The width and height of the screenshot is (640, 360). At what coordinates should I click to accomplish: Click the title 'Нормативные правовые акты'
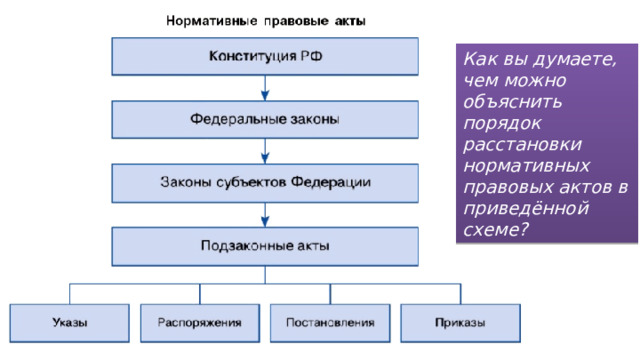(x=265, y=19)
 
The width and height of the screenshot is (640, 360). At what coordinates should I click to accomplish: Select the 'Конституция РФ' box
(x=265, y=57)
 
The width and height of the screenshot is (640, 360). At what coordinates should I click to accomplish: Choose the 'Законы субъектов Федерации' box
(x=265, y=183)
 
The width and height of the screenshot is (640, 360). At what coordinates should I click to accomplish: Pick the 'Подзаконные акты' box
(x=265, y=246)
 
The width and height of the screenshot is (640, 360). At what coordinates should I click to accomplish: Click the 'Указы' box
(x=69, y=323)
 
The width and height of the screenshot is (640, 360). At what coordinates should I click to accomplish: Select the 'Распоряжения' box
(x=200, y=323)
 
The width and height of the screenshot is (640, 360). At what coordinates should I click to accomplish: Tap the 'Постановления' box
(x=330, y=323)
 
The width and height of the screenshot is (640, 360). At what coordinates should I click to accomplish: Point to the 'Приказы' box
(x=460, y=323)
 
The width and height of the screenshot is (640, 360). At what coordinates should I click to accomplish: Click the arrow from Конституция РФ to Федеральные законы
(x=265, y=89)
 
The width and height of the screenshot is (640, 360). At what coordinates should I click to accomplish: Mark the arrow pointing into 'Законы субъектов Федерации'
(x=265, y=152)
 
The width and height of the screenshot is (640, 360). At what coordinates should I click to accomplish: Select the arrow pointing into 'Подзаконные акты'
(x=265, y=215)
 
